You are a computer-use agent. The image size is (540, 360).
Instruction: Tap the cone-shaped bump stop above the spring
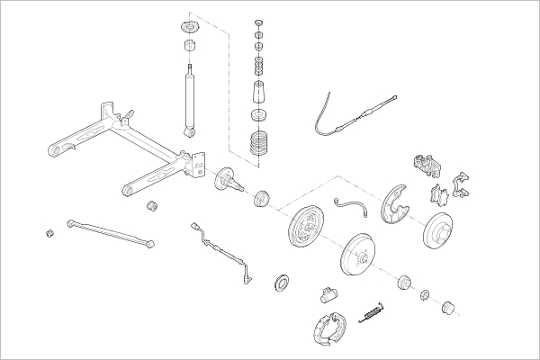pyautogui.click(x=258, y=94)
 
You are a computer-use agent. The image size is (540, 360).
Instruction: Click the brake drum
pyautogui.click(x=361, y=256)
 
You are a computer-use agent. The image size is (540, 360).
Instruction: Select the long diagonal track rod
pyautogui.click(x=109, y=230)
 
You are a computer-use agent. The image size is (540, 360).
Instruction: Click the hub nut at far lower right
pyautogui.click(x=447, y=309)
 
